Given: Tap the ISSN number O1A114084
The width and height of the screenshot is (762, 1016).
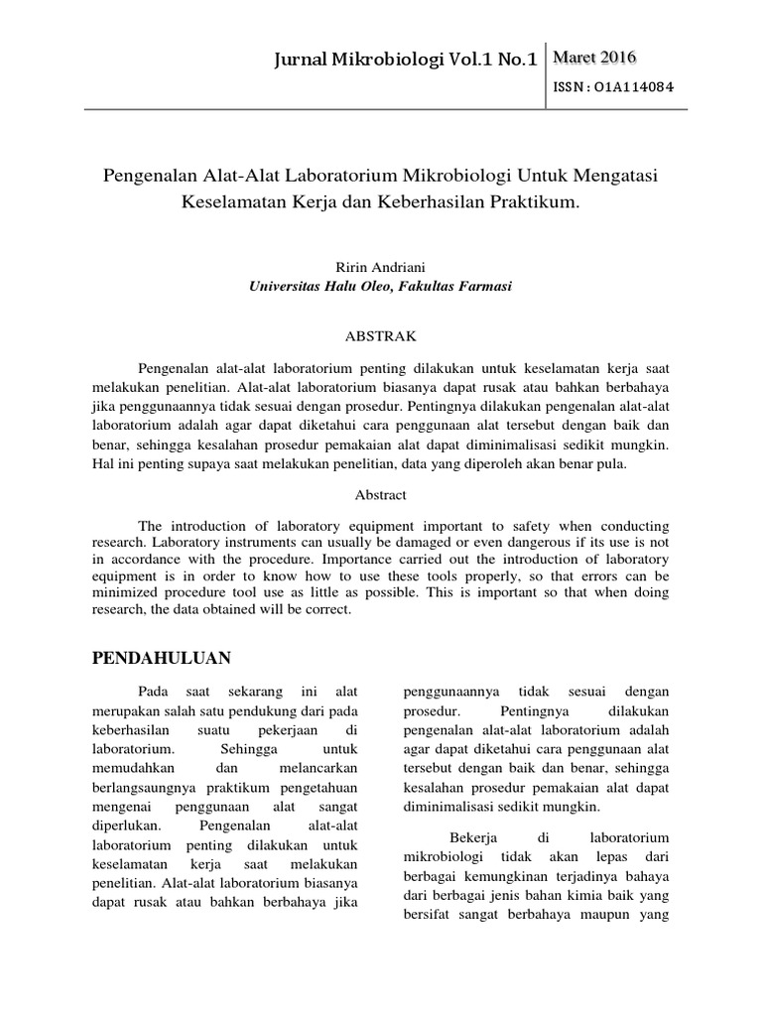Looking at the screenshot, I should click(x=615, y=86).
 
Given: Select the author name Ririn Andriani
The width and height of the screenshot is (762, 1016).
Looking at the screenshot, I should click(x=381, y=267).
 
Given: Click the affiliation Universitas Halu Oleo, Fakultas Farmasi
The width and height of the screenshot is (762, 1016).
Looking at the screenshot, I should click(x=381, y=286).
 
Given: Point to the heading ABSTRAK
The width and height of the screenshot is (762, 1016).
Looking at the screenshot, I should click(x=381, y=336).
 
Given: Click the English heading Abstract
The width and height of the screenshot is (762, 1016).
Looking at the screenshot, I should click(x=381, y=493).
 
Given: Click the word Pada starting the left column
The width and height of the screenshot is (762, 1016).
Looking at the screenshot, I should click(x=154, y=691).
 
